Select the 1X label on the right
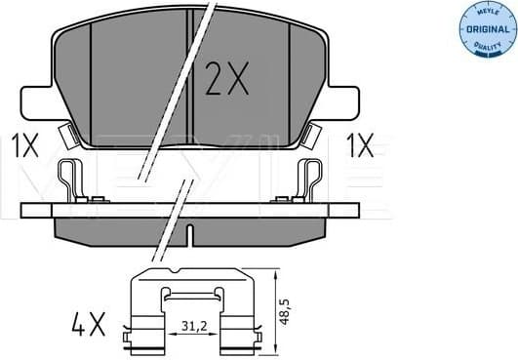[x=359, y=147]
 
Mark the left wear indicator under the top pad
[x=69, y=135]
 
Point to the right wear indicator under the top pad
[x=312, y=135]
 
